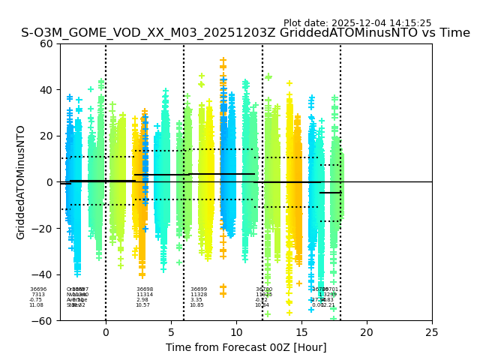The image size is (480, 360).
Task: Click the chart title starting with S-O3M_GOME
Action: (x=245, y=33)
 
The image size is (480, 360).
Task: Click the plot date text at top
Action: (x=357, y=23)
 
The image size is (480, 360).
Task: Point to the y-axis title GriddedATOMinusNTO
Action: (x=21, y=182)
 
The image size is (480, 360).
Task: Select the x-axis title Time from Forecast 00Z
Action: (x=246, y=347)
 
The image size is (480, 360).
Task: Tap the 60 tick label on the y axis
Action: (x=46, y=43)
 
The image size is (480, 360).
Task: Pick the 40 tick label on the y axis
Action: (x=46, y=90)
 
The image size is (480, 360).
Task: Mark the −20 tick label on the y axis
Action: (x=43, y=228)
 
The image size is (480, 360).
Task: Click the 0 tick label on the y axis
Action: (x=49, y=182)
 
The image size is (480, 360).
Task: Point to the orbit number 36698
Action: (x=145, y=289)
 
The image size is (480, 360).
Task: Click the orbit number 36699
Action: (x=199, y=289)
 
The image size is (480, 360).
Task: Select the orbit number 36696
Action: (x=38, y=289)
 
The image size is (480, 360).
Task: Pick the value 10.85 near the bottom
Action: (x=196, y=305)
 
